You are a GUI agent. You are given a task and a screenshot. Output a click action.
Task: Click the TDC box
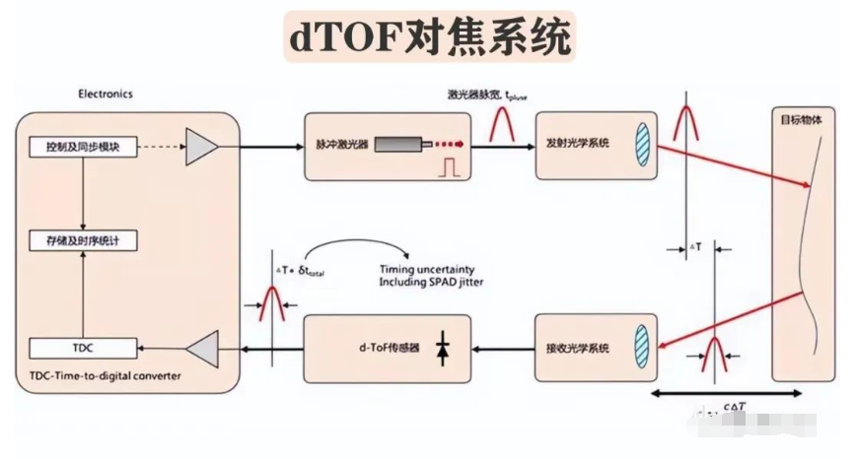[x=84, y=348]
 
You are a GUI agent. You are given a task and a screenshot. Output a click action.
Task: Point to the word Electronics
[x=106, y=95]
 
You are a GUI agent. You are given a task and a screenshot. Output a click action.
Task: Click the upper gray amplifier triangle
[x=202, y=147]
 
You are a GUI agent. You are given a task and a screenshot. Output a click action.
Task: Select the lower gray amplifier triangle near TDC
[x=202, y=348]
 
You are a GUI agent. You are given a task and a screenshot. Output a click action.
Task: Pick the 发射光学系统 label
[x=577, y=143]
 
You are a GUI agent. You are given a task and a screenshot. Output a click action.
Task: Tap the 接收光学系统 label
[x=577, y=348]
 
